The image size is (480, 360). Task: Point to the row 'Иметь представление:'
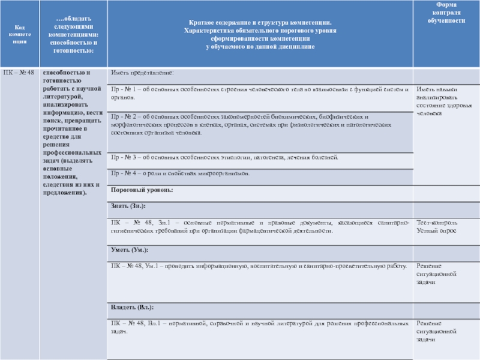click(142, 73)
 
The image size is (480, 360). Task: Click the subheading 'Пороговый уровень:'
click(142, 190)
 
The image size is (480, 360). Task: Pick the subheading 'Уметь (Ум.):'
click(130, 249)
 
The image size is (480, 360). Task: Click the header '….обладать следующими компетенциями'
click(71, 34)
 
